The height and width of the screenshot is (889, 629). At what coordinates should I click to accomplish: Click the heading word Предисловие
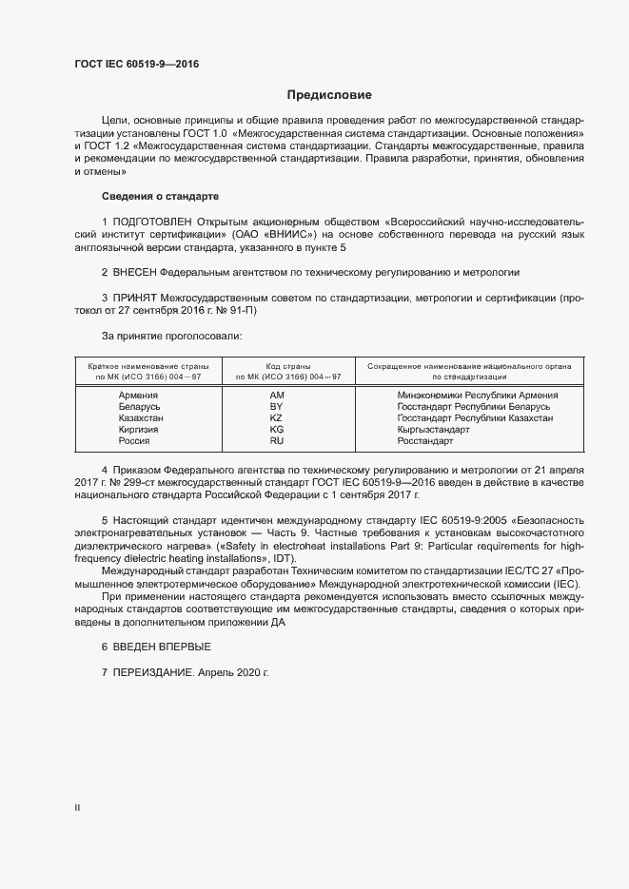[330, 95]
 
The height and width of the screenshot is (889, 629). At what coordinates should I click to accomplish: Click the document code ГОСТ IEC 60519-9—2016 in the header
[136, 65]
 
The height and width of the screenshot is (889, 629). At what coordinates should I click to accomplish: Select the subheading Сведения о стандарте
[160, 196]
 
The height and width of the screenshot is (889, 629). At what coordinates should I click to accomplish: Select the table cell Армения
[139, 395]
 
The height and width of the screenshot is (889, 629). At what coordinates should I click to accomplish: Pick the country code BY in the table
[277, 406]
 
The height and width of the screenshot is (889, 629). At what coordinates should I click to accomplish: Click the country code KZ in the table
[277, 418]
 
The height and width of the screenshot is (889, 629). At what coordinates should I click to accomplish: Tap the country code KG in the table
[277, 430]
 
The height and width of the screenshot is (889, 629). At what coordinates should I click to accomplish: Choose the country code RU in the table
[277, 441]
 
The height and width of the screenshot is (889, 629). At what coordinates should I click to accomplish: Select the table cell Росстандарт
[426, 441]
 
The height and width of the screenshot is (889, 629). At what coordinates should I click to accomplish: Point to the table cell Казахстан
[140, 418]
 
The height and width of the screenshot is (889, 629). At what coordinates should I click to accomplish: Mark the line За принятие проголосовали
[159, 336]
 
